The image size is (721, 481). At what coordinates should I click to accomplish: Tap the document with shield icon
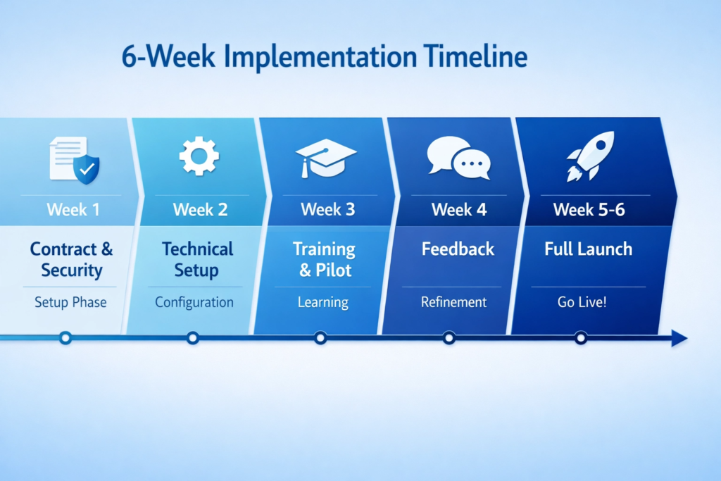[74, 160]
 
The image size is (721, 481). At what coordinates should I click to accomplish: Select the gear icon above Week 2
[199, 156]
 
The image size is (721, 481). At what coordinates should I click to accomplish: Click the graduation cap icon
[325, 156]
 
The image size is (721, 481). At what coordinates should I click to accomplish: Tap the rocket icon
[590, 156]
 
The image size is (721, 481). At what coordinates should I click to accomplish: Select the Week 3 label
[327, 209]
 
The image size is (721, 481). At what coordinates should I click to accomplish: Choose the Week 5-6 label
[589, 209]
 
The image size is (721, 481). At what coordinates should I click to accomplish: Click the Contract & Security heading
[71, 259]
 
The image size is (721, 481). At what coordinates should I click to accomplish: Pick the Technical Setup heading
[197, 259]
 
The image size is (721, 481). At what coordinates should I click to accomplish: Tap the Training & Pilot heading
[325, 259]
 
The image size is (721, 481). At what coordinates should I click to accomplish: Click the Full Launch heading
[588, 249]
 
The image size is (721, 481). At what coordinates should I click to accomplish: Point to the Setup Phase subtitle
[70, 302]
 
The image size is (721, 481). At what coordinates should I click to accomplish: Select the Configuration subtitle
[194, 302]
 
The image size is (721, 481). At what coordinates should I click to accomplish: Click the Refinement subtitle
[453, 302]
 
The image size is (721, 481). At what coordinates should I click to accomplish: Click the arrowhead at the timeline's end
[679, 338]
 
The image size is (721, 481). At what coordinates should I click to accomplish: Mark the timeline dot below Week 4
[449, 338]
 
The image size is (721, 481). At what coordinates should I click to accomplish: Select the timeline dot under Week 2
[192, 338]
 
